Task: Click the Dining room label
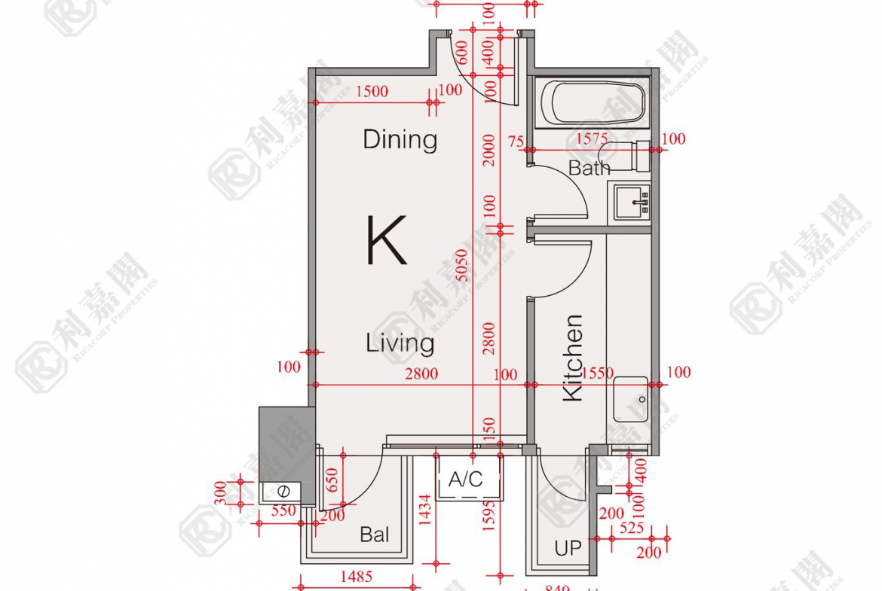click(x=400, y=139)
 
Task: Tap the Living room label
click(x=400, y=343)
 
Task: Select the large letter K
click(x=387, y=240)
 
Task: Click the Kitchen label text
click(x=573, y=358)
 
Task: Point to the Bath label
click(x=589, y=168)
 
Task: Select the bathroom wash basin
click(x=632, y=202)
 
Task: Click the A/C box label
click(x=465, y=480)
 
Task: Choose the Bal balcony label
click(x=375, y=535)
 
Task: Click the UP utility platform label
click(x=568, y=548)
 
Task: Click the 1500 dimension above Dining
click(x=372, y=92)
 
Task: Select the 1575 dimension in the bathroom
click(x=593, y=139)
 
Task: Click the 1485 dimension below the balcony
click(x=356, y=577)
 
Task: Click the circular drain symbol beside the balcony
click(x=283, y=492)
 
